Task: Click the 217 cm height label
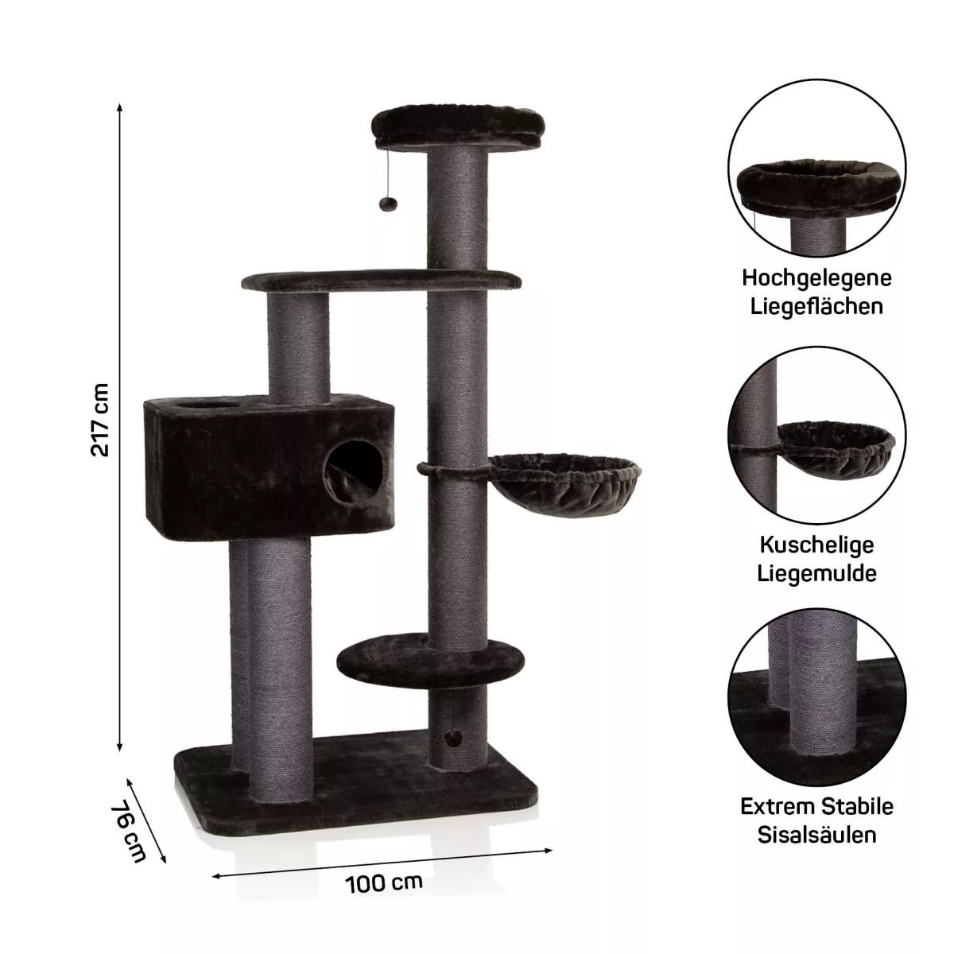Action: (x=100, y=420)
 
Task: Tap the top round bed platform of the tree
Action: (x=460, y=128)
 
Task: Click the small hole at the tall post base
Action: (x=455, y=751)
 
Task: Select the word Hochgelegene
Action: (x=816, y=279)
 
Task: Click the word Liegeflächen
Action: (x=816, y=307)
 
